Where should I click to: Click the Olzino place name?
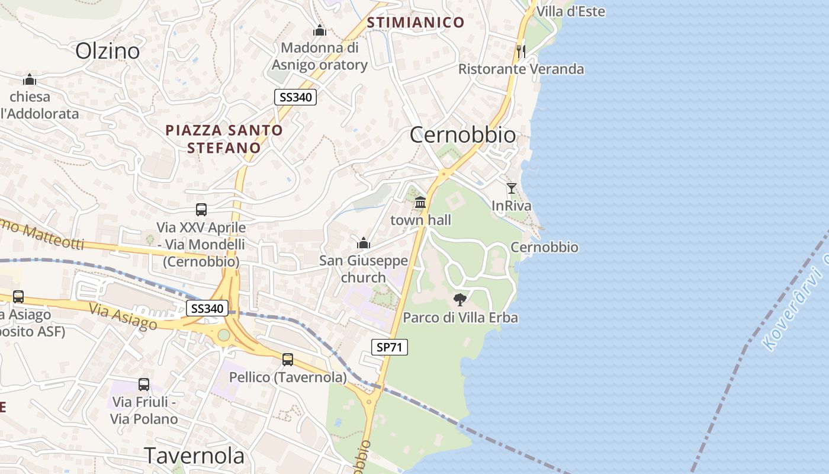[x=107, y=51]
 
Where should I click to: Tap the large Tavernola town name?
[x=194, y=455]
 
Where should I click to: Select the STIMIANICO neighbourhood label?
[x=416, y=23]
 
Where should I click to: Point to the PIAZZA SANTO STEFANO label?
[x=224, y=139]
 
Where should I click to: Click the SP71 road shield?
[x=390, y=347]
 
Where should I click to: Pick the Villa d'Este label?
[x=571, y=11]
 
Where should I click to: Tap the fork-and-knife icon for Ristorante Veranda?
[x=520, y=51]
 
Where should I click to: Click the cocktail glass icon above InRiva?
[x=512, y=188]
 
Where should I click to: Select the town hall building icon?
[x=420, y=203]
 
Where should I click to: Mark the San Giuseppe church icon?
[x=364, y=243]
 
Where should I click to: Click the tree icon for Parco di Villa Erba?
[x=460, y=300]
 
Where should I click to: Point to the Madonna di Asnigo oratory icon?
[x=320, y=30]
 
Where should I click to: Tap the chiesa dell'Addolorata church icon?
[x=30, y=79]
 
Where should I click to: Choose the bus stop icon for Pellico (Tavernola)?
[x=288, y=359]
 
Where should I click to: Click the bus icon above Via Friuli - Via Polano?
[x=144, y=384]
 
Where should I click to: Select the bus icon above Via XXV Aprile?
[x=201, y=209]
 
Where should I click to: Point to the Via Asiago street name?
[x=123, y=316]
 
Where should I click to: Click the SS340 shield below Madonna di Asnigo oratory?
[x=295, y=97]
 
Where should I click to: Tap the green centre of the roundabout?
[x=223, y=335]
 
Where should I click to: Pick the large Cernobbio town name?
[x=462, y=135]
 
